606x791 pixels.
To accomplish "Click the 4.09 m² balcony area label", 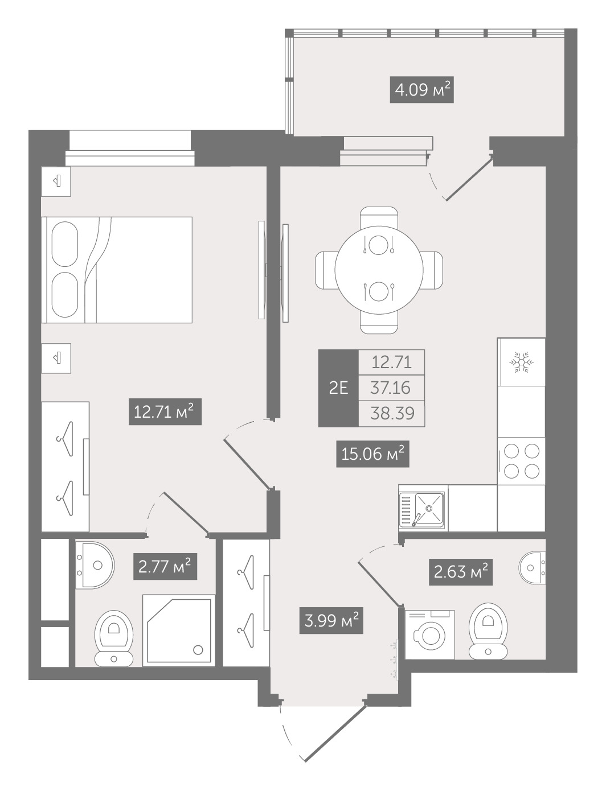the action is click(x=421, y=89).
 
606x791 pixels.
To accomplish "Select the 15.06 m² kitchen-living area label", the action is click(x=372, y=454).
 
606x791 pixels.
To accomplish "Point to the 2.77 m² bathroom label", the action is click(x=165, y=566).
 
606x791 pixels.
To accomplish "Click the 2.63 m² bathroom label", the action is click(x=461, y=572).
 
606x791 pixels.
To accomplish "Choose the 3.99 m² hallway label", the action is click(x=331, y=621).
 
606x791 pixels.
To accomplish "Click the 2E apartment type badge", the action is click(x=338, y=388).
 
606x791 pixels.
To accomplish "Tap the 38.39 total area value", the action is click(x=392, y=414).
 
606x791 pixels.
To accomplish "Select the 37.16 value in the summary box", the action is click(x=390, y=388).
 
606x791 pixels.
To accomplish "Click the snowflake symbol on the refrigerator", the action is click(x=521, y=362).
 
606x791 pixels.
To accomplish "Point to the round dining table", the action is click(x=379, y=270).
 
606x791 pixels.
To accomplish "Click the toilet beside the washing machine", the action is click(x=488, y=631).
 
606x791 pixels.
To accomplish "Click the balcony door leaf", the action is click(x=469, y=178).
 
